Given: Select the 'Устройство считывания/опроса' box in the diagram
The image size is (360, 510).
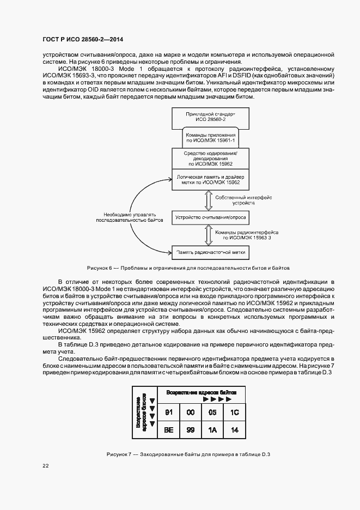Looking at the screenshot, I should point(210,217).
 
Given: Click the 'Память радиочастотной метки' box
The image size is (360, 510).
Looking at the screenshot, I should point(210,252).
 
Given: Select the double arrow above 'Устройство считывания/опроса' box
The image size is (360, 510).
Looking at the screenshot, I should point(208,199).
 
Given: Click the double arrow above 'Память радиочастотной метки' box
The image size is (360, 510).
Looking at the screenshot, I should point(208,235).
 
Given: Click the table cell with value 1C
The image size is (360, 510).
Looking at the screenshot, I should point(235,413).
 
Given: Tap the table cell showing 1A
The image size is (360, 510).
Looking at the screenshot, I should point(212,429).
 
